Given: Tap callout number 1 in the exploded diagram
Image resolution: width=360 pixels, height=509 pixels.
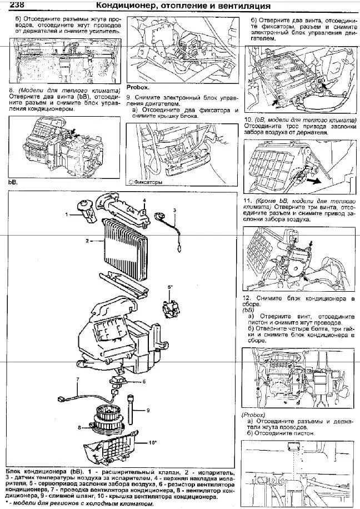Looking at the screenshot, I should tap(66, 213).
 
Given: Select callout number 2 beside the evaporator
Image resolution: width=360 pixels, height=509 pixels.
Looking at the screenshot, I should tap(88, 241).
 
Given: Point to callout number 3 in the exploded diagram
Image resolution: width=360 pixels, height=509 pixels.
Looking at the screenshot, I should tap(174, 210).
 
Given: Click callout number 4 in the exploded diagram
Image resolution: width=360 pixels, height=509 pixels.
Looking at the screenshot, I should tap(143, 200).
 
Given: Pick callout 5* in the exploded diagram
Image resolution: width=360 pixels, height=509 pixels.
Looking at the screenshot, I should tap(170, 287).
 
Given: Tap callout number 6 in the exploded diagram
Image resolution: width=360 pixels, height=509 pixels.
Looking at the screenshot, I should tap(143, 382).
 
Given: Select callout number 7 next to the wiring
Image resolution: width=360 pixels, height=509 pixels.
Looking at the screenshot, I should tap(78, 380).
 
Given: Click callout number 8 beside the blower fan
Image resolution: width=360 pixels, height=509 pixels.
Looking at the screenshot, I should tap(80, 427).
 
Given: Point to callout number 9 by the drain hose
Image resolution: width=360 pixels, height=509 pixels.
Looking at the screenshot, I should tap(149, 410).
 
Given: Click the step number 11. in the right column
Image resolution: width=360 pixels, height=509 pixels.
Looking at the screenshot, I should tap(248, 199).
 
